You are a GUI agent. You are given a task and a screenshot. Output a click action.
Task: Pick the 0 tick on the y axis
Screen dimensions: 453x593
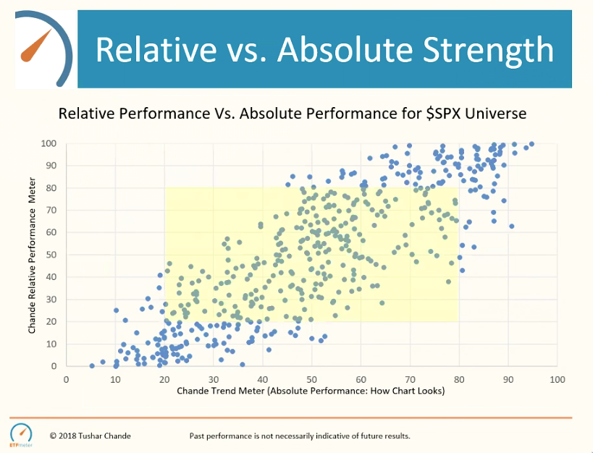54,366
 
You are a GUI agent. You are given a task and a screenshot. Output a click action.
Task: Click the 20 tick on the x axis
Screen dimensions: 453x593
164,378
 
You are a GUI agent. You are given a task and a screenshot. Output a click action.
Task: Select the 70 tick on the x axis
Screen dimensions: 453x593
410,378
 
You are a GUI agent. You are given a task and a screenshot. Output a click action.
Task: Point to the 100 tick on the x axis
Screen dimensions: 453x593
557,378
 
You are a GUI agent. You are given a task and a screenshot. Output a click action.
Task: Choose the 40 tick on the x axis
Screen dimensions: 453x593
263,378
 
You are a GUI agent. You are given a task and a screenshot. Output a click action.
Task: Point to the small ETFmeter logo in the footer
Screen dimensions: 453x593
22,433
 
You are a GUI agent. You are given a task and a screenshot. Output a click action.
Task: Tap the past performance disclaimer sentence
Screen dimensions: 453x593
300,436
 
